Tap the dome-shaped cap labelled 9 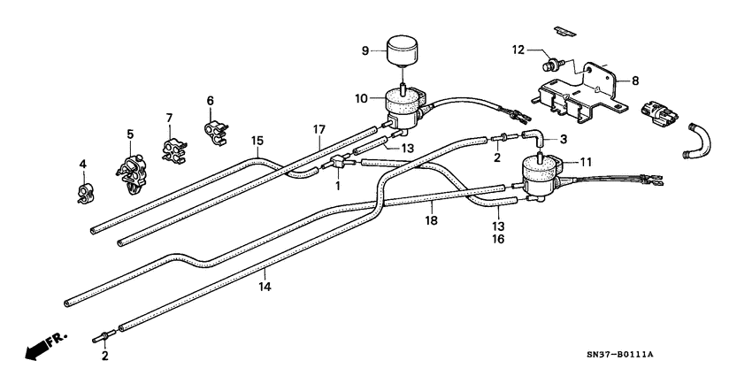click(402, 48)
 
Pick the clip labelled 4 click(84, 191)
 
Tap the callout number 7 click(168, 119)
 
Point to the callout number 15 click(257, 140)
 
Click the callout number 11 click(584, 163)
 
